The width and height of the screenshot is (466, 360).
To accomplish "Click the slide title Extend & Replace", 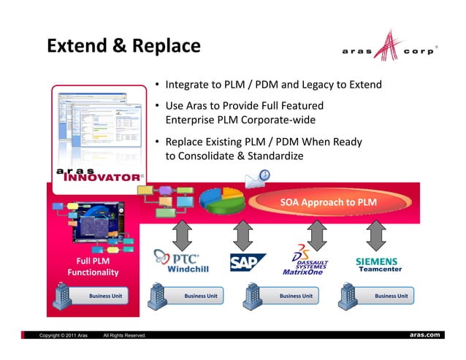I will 123,46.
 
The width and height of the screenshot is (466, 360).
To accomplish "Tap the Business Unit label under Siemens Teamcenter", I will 391,296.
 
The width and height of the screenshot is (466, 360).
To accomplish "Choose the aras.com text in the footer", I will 424,334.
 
